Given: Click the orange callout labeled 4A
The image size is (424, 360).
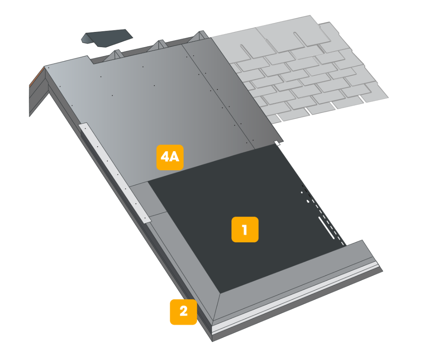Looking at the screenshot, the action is [170, 157].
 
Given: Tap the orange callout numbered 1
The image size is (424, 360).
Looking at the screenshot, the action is [245, 229].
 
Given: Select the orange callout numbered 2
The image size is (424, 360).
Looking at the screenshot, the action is [183, 312].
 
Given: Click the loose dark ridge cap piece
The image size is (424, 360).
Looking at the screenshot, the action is [107, 38].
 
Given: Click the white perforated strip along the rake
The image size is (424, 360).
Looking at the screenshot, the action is [115, 173].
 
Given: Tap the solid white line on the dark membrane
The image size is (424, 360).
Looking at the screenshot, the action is [327, 228].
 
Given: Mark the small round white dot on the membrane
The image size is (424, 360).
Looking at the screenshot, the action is [302, 192].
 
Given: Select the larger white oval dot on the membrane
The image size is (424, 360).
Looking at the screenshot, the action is [308, 201].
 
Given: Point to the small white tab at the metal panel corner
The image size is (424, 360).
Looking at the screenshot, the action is [277, 143].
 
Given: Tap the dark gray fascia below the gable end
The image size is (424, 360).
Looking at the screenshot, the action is [38, 97].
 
